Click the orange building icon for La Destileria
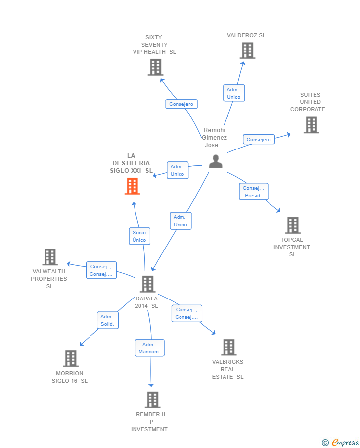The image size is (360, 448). pos(132,186)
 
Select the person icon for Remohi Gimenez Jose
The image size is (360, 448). pos(216,161)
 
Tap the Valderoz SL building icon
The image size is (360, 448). pos(247,50)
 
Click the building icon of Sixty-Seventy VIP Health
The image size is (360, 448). pos(155,67)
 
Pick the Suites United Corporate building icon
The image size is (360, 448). pos(311,125)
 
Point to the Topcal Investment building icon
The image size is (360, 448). pos(293,225)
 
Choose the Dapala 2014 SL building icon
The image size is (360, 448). pos(147,284)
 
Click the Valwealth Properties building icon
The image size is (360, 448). pos(50,257)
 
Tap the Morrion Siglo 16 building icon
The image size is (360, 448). pos(71,359)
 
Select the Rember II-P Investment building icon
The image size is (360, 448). pos(152,399)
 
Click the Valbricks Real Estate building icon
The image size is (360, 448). pos(228,348)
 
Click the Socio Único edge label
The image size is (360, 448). pos(139,236)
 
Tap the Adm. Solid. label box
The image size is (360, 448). pos(107,320)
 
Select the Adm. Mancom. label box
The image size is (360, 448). pos(149,348)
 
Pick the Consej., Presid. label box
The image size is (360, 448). pos(254,192)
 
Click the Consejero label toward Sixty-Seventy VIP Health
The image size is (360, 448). pos(181,104)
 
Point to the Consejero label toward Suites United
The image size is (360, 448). pos(259,140)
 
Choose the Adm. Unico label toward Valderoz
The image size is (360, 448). pos(233,93)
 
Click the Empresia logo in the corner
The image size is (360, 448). pos(341,442)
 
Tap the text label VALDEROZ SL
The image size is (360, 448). pos(246,35)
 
